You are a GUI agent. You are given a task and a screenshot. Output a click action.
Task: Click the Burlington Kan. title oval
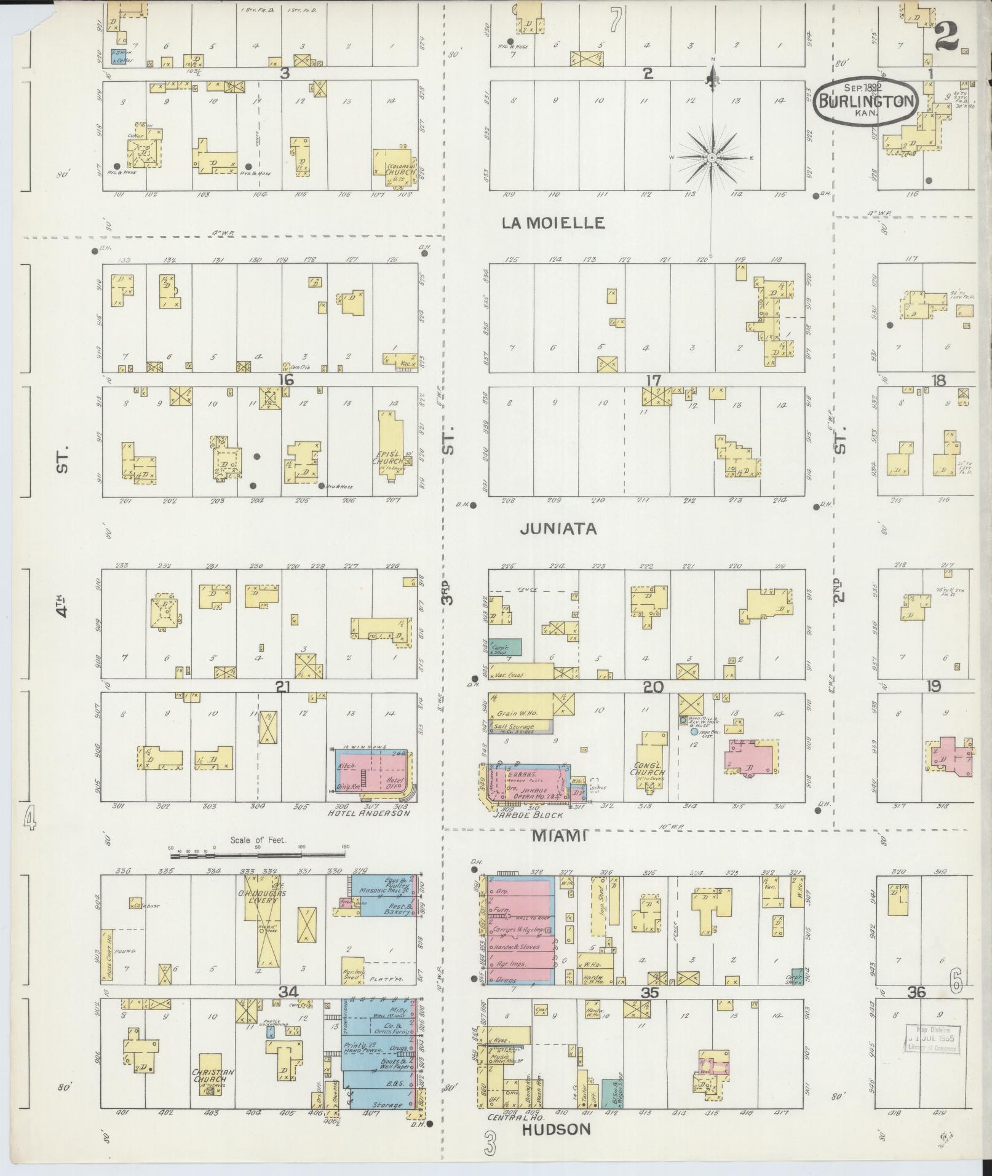pyautogui.click(x=867, y=103)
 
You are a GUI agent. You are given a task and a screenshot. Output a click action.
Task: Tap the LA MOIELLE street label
pyautogui.click(x=553, y=223)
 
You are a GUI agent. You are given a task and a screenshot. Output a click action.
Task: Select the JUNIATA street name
pyautogui.click(x=558, y=529)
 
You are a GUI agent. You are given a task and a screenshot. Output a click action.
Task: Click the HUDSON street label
pyautogui.click(x=556, y=1129)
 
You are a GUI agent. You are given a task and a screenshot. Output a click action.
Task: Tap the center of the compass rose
pyautogui.click(x=712, y=158)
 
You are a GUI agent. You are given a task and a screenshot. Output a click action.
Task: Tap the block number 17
pyautogui.click(x=653, y=380)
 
